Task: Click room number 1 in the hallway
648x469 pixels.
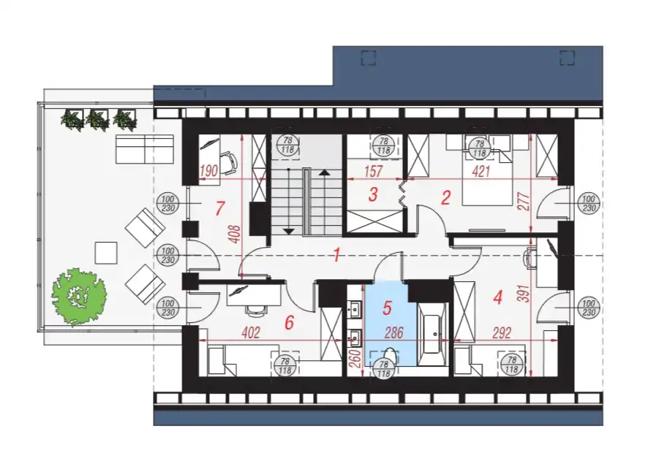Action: coord(337,255)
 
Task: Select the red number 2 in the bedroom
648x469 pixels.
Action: coord(445,198)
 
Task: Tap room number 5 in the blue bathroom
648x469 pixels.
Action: coord(387,308)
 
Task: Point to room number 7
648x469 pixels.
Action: coord(220,208)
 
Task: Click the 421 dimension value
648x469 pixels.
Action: coord(481,171)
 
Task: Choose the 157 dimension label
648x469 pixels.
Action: coord(374,171)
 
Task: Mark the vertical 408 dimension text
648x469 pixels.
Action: coord(234,234)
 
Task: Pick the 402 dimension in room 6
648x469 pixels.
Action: coord(250,332)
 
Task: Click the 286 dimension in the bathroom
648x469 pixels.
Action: coord(393,332)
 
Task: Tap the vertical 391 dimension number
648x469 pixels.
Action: coord(524,294)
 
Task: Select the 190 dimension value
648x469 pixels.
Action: coord(208,171)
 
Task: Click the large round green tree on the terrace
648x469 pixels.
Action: coord(79,296)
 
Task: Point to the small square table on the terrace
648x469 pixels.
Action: coord(106,253)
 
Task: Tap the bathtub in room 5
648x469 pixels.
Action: coord(432,335)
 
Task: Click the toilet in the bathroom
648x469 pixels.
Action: coord(390,357)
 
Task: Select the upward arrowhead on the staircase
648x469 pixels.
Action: coord(325,172)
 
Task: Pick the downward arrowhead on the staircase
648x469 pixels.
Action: coord(288,231)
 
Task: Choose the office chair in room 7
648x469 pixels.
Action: coord(229,163)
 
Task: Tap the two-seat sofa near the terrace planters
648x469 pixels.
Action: coord(144,149)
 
